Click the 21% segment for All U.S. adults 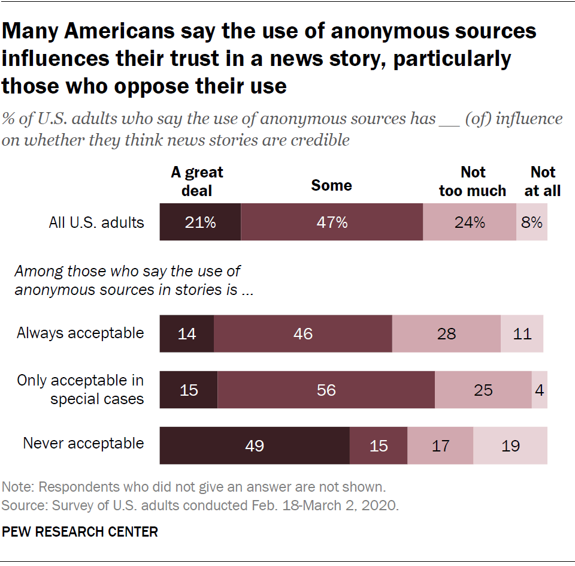pos(200,222)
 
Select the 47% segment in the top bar pos(332,222)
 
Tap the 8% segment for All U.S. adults pos(531,222)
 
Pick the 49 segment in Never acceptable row pos(255,445)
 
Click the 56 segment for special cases pos(326,390)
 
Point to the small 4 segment pos(539,390)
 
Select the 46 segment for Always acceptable pos(302,333)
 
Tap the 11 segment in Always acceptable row pos(522,333)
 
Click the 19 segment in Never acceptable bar pos(510,445)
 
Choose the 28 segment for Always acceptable pos(446,333)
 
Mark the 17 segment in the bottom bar pos(440,445)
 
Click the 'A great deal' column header pos(196,181)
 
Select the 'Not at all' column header pos(543,181)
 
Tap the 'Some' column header pos(331,185)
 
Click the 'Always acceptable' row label pos(80,333)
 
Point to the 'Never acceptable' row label pos(83,444)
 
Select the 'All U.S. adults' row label pos(96,222)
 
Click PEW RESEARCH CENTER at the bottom pos(80,532)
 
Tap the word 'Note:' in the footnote pos(18,486)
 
